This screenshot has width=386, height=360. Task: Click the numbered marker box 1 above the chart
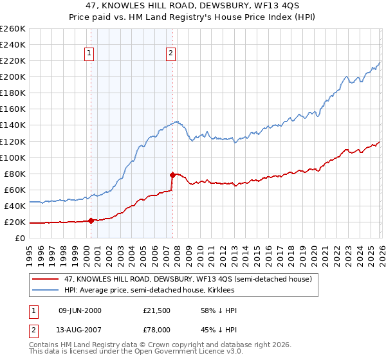89,54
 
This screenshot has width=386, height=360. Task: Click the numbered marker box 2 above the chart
171,54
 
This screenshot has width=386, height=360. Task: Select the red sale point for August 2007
172,175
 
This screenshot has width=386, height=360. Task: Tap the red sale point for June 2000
91,221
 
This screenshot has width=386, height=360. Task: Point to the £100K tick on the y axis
12,157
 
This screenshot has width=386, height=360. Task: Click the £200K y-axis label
12,76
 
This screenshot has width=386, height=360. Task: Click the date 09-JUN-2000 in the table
80,310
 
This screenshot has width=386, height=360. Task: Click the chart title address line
193,6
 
